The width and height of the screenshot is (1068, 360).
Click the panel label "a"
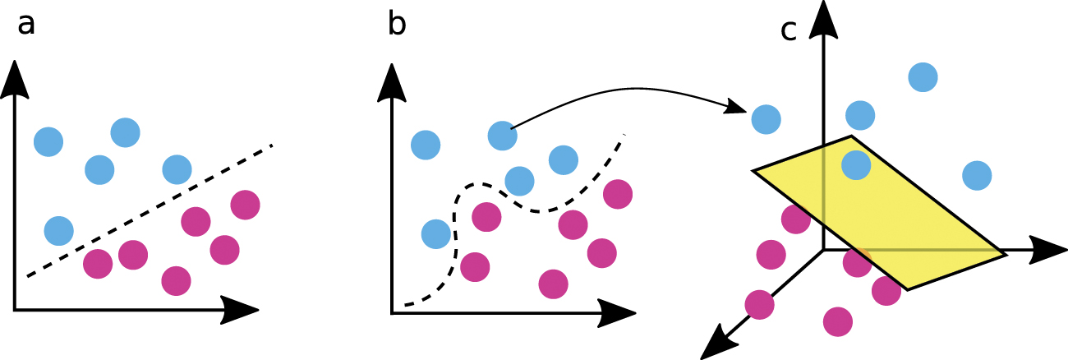click(x=26, y=25)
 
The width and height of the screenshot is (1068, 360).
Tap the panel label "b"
click(x=397, y=25)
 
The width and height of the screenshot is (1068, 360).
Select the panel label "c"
click(x=789, y=30)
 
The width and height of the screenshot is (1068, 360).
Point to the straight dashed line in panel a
click(x=148, y=211)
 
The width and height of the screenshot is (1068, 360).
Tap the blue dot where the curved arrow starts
click(x=503, y=136)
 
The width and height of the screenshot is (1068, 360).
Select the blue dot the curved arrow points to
click(x=766, y=120)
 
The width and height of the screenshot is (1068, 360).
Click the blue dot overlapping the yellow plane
click(x=856, y=164)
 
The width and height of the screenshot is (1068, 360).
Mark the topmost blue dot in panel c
click(x=923, y=77)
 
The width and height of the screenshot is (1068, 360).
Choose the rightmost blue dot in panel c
click(x=977, y=175)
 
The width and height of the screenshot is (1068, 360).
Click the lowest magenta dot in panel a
click(x=176, y=280)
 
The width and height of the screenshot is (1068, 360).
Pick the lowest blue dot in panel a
click(x=58, y=231)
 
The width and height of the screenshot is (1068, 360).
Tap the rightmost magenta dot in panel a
click(x=246, y=204)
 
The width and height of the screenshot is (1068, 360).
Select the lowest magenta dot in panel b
click(x=554, y=284)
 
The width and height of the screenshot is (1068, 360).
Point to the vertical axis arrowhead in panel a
click(x=14, y=78)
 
